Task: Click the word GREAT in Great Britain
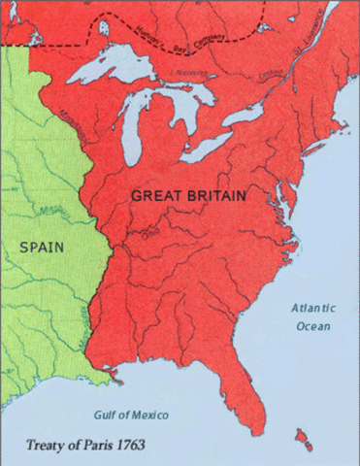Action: pos(156,195)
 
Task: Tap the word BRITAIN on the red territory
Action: pos(215,195)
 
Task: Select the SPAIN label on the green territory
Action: pos(42,247)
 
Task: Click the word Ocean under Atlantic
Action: pos(312,326)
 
